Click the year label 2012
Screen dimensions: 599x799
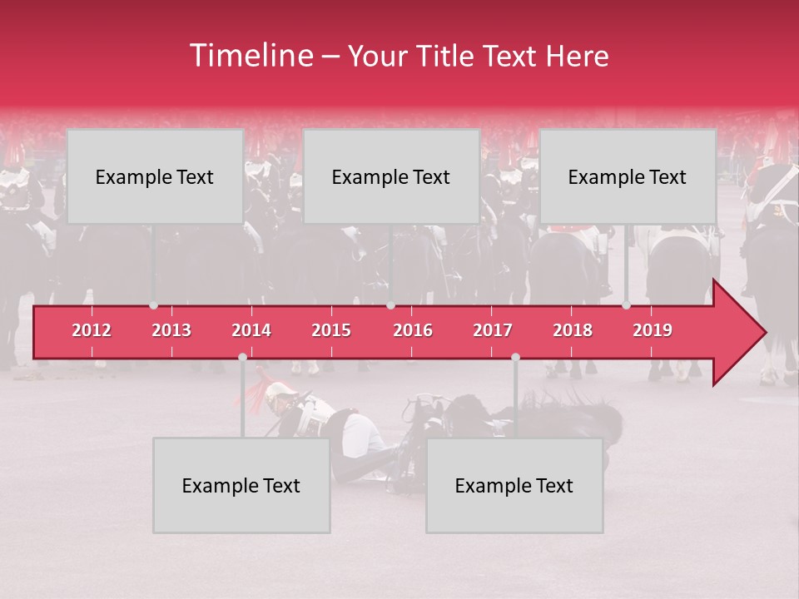(92, 330)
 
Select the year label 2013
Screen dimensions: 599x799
(171, 330)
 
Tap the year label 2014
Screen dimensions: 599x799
(251, 330)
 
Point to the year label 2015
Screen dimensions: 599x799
(331, 330)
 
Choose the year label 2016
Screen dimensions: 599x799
(413, 330)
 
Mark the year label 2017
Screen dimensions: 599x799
(493, 330)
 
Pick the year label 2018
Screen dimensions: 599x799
(573, 330)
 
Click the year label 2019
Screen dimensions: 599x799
(653, 330)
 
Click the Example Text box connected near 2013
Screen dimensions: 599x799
(155, 176)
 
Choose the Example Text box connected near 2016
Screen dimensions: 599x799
(391, 176)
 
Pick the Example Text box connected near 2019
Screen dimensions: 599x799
(628, 176)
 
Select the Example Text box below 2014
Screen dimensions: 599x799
(241, 485)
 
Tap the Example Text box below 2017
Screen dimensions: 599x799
(514, 485)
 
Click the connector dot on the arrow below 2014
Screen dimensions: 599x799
(242, 357)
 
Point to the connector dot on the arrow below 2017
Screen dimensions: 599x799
(515, 357)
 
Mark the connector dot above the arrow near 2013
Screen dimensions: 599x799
(153, 305)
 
